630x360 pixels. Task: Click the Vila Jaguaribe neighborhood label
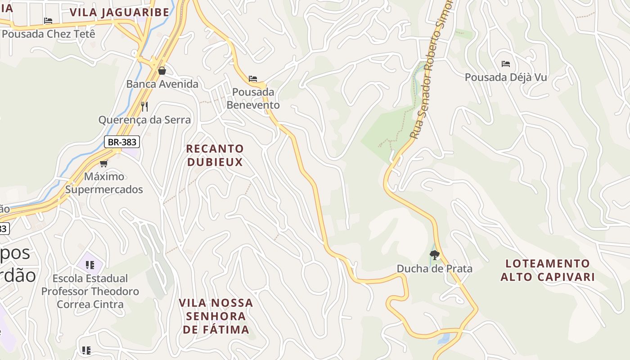(x=119, y=12)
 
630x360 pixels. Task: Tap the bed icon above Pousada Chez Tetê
(x=48, y=21)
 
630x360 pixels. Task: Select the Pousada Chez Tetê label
(x=49, y=34)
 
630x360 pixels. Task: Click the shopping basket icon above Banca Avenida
(x=162, y=71)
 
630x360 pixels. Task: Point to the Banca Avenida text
(x=162, y=84)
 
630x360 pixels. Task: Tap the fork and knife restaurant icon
(x=144, y=107)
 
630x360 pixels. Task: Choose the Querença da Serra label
(x=144, y=120)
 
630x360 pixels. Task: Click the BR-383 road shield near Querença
(x=122, y=142)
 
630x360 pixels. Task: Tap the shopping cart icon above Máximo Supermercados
(x=104, y=163)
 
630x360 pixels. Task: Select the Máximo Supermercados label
(x=104, y=183)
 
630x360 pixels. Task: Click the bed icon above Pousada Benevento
(x=253, y=79)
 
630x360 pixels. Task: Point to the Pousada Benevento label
(x=253, y=99)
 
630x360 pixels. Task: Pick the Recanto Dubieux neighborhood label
(x=215, y=155)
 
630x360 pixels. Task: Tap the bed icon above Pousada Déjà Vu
(x=506, y=64)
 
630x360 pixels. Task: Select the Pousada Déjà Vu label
(x=506, y=77)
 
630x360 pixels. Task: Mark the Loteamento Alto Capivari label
(x=548, y=270)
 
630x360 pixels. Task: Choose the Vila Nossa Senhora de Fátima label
(x=216, y=316)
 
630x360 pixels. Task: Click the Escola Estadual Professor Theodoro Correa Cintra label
(x=90, y=291)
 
